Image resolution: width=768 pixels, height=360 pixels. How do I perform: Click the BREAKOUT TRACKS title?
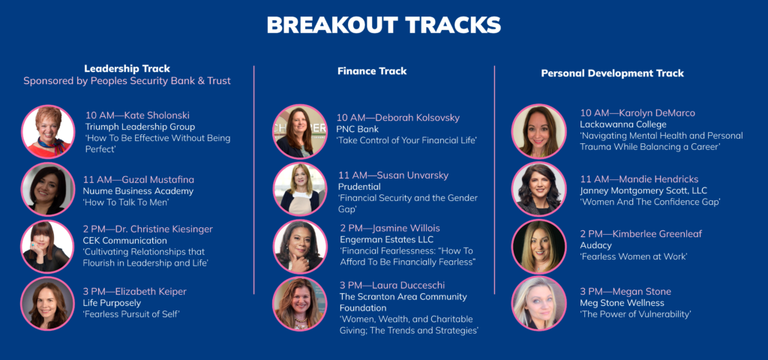tap(383, 25)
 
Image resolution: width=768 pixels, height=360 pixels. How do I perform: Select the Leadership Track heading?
tap(127, 69)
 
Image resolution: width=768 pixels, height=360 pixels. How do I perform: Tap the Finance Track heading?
tap(372, 71)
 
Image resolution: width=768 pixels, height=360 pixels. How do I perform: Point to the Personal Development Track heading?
tap(612, 73)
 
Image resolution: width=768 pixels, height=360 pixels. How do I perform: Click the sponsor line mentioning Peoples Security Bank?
tap(127, 81)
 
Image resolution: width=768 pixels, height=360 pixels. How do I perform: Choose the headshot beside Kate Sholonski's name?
tap(48, 132)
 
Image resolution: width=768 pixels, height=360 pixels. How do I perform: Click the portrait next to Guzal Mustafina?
tap(48, 189)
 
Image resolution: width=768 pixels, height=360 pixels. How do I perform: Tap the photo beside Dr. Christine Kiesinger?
tap(47, 246)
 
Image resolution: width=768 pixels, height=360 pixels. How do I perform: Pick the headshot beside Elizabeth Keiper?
tap(47, 304)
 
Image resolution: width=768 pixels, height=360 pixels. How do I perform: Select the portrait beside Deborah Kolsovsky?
tap(300, 132)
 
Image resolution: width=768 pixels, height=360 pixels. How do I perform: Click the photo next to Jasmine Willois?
tap(300, 246)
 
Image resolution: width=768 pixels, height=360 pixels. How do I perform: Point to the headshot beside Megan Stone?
tap(538, 303)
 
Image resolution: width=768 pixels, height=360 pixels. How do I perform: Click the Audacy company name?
tap(596, 246)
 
